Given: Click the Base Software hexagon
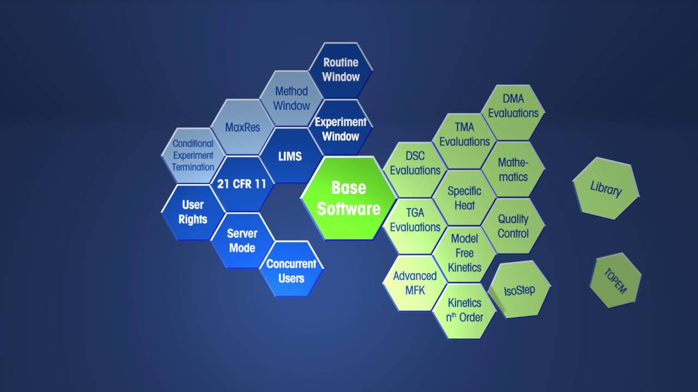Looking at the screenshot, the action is point(348,198).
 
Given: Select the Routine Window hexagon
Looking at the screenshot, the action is point(341,70).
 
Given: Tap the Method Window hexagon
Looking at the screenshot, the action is point(291,99).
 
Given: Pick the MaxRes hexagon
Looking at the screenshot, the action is point(243,127).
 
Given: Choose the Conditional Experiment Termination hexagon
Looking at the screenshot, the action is point(193,155).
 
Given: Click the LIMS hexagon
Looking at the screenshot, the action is point(291,156).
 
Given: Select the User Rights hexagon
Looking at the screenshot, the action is point(193,212).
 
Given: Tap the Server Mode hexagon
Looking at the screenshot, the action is point(243,241).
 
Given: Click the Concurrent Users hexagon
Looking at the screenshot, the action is point(291,269).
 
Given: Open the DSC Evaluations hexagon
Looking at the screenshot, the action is point(415,170).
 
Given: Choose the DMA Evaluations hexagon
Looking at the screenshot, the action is point(513,113).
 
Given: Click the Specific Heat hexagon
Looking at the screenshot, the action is point(464,198).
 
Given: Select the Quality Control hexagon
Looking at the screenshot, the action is point(513,226).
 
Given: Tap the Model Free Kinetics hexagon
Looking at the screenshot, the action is point(464,254).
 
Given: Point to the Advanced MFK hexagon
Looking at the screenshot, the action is point(415,283).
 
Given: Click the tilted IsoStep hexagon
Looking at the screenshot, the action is point(519,290).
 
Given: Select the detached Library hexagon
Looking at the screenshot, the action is point(606,188).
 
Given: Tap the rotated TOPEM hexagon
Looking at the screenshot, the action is point(616,280).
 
